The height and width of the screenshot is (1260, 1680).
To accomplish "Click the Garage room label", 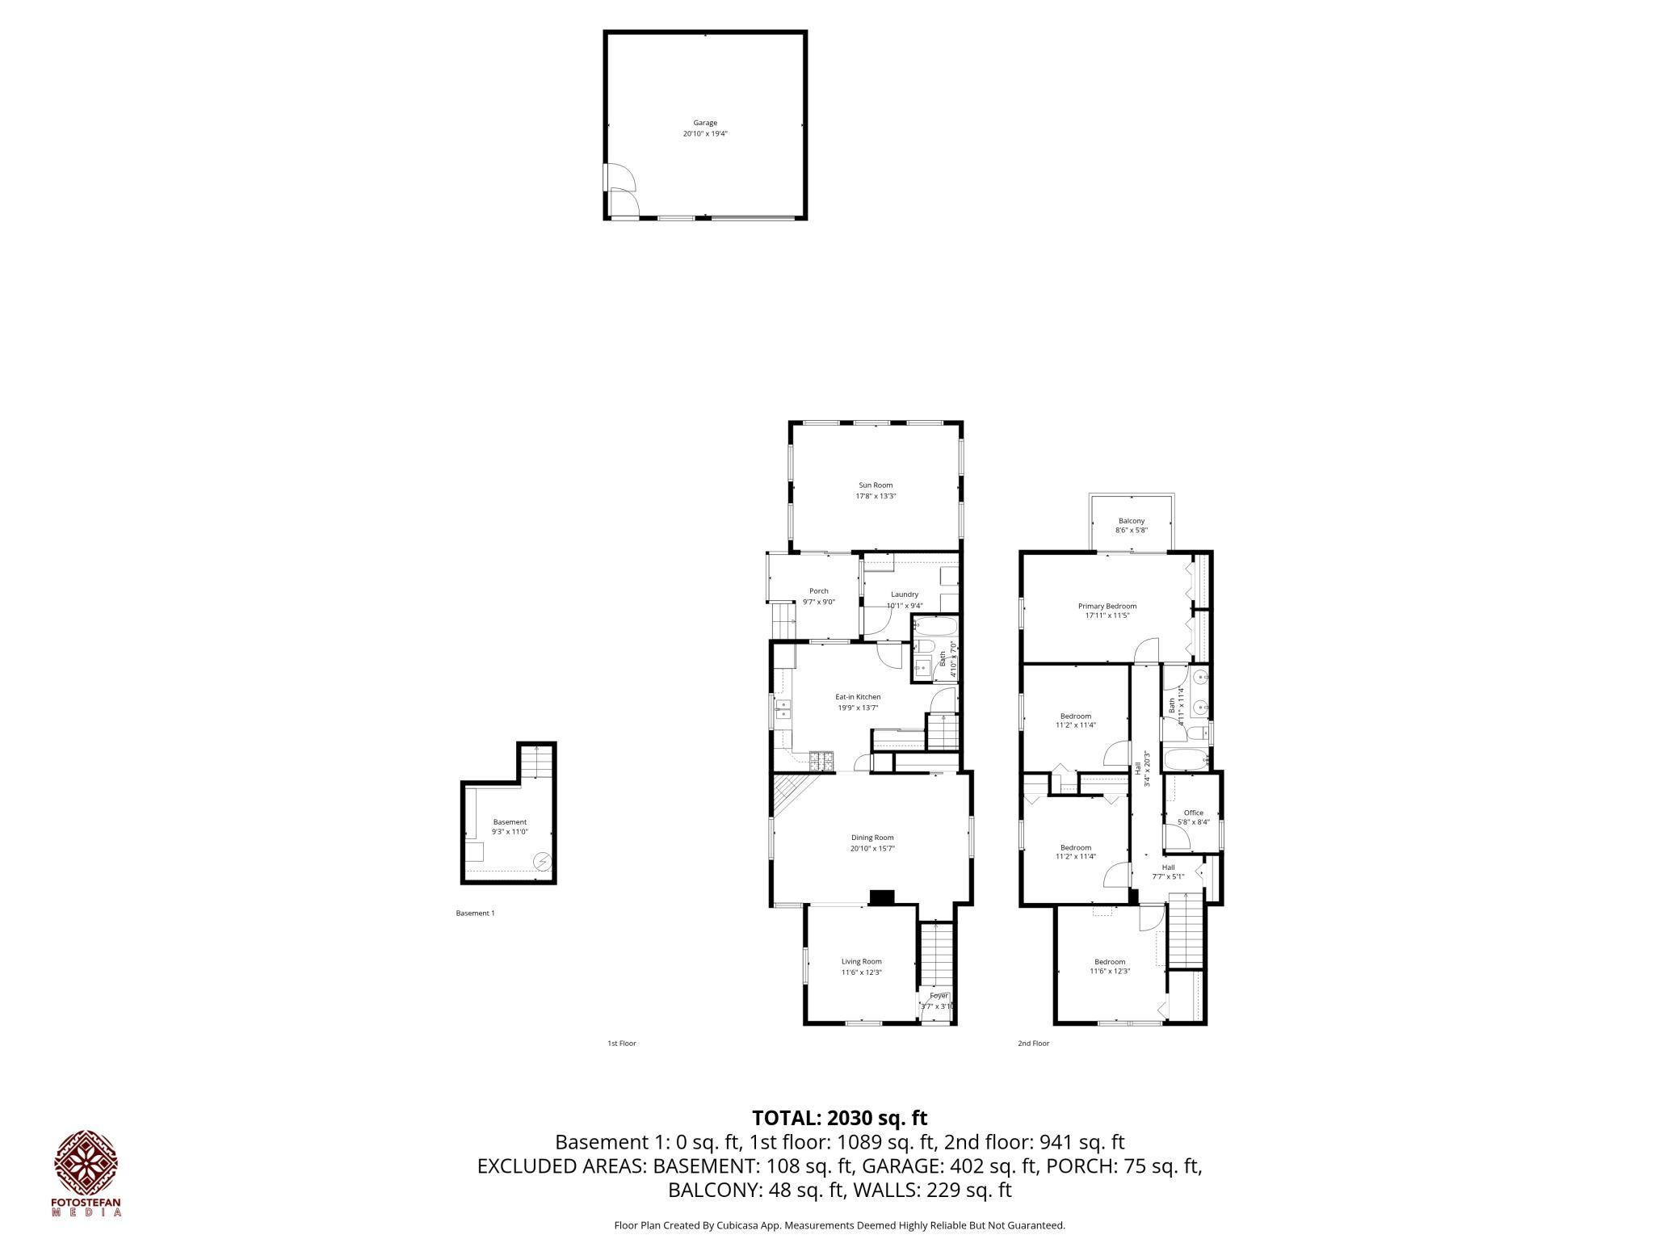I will click(x=704, y=123).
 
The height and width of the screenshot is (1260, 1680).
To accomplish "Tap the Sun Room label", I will click(x=876, y=485).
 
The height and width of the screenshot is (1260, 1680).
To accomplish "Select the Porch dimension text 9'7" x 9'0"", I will click(x=818, y=602).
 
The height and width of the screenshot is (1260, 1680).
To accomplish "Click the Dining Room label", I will click(x=872, y=838).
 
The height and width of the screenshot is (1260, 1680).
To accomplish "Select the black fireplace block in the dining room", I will click(x=882, y=897).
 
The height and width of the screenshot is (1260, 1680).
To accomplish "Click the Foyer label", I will click(x=939, y=996).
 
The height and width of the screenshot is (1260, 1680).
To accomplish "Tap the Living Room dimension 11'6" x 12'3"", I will click(x=861, y=972).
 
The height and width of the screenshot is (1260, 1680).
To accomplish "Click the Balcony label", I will click(x=1131, y=521).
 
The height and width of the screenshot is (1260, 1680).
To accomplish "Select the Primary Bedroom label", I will click(x=1107, y=606).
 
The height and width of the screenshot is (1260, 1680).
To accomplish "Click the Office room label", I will click(x=1193, y=813).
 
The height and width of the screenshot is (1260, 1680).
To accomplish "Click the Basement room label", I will click(x=510, y=821).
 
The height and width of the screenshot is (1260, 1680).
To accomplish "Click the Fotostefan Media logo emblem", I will click(x=86, y=1163).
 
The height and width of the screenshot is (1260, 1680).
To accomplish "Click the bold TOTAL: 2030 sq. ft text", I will click(x=839, y=1118).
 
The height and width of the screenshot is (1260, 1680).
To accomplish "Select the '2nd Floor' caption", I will click(x=1033, y=1044).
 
